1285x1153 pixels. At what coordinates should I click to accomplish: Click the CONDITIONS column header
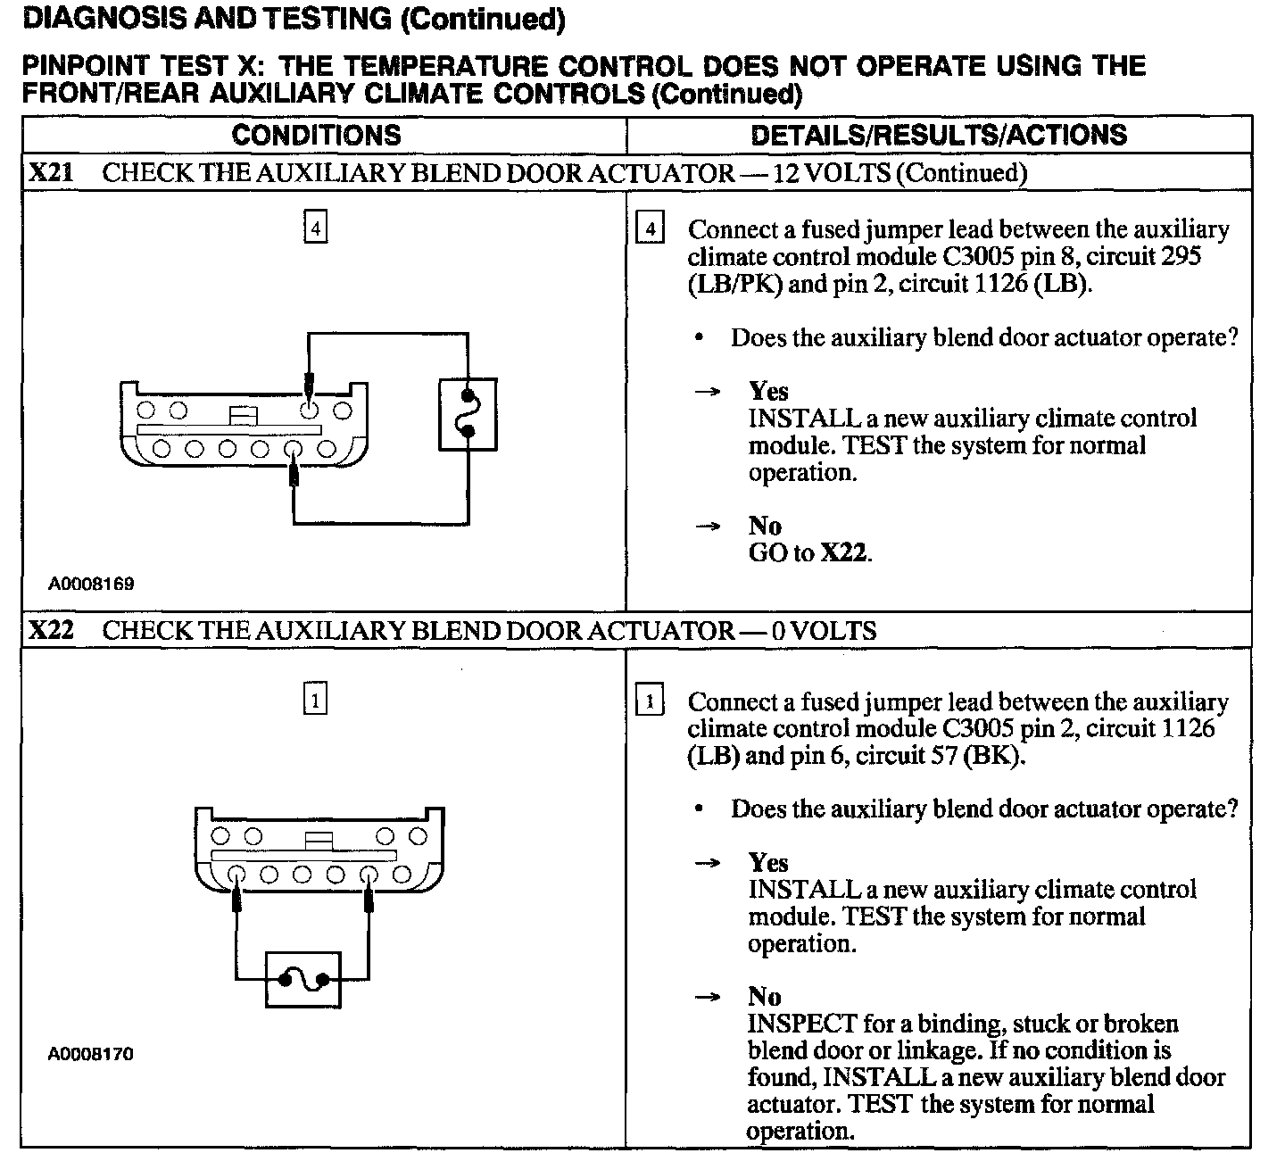click(x=316, y=136)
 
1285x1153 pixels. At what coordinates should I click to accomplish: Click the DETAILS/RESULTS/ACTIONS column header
click(x=938, y=136)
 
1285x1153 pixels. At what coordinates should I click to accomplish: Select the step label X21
click(x=50, y=172)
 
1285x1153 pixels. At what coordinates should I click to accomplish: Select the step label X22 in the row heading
click(x=50, y=631)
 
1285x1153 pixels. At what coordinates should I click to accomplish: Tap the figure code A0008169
click(x=91, y=585)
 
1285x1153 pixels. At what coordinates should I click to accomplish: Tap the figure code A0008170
click(x=91, y=1054)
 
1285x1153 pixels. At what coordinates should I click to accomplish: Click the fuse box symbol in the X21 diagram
click(x=468, y=414)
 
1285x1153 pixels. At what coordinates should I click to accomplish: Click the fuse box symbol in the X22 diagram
click(x=303, y=980)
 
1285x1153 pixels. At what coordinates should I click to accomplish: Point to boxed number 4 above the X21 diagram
click(x=315, y=228)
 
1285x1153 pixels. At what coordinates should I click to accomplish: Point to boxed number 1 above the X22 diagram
click(x=315, y=700)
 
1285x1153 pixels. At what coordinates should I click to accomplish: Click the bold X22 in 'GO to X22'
click(x=843, y=553)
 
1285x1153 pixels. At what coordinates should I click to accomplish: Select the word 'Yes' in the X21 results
click(x=768, y=392)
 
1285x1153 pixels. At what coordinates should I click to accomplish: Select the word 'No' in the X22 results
click(x=765, y=997)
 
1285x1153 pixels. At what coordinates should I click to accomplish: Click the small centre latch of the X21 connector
click(x=243, y=415)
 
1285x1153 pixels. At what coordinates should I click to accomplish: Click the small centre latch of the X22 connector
click(x=318, y=840)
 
